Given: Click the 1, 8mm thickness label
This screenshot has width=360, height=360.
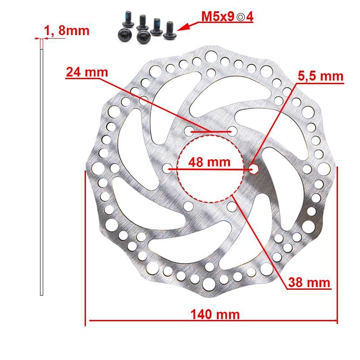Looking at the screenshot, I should click(x=67, y=31).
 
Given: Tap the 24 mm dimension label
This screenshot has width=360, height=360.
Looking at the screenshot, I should click(x=87, y=72).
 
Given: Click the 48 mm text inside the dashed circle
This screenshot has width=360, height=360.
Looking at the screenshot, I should click(x=209, y=162).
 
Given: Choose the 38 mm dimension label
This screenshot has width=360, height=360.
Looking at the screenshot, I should click(x=309, y=283).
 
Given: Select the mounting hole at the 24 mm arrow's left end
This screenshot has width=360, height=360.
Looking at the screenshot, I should click(x=189, y=131).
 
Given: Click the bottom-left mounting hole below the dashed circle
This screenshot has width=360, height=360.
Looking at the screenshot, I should click(x=189, y=206).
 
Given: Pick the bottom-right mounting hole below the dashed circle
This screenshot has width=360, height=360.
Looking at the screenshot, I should click(x=232, y=206).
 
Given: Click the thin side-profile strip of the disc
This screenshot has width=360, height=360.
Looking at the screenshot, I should click(x=42, y=171).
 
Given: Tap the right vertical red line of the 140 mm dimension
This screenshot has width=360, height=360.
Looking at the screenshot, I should click(x=337, y=245).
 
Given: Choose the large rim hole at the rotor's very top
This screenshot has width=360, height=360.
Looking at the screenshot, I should click(x=210, y=57).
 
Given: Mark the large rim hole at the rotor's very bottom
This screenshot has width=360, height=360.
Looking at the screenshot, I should click(x=210, y=283).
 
